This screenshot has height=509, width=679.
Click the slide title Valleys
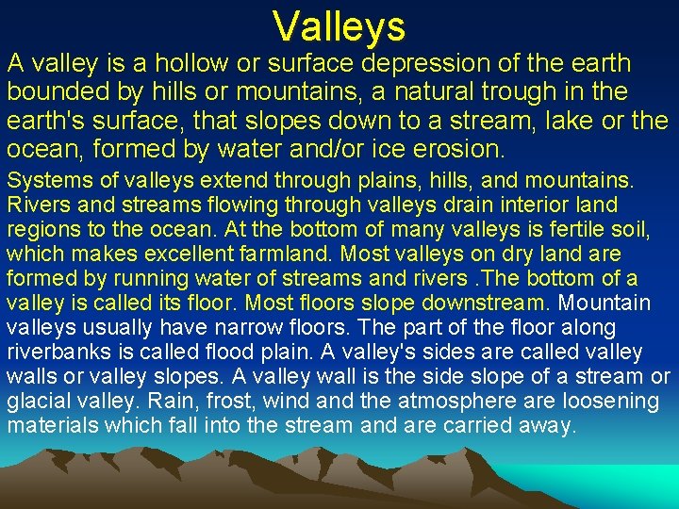(x=339, y=26)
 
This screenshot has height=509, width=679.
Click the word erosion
(x=455, y=149)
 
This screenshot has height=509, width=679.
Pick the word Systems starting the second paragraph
(x=44, y=180)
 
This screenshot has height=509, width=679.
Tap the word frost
(x=218, y=401)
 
